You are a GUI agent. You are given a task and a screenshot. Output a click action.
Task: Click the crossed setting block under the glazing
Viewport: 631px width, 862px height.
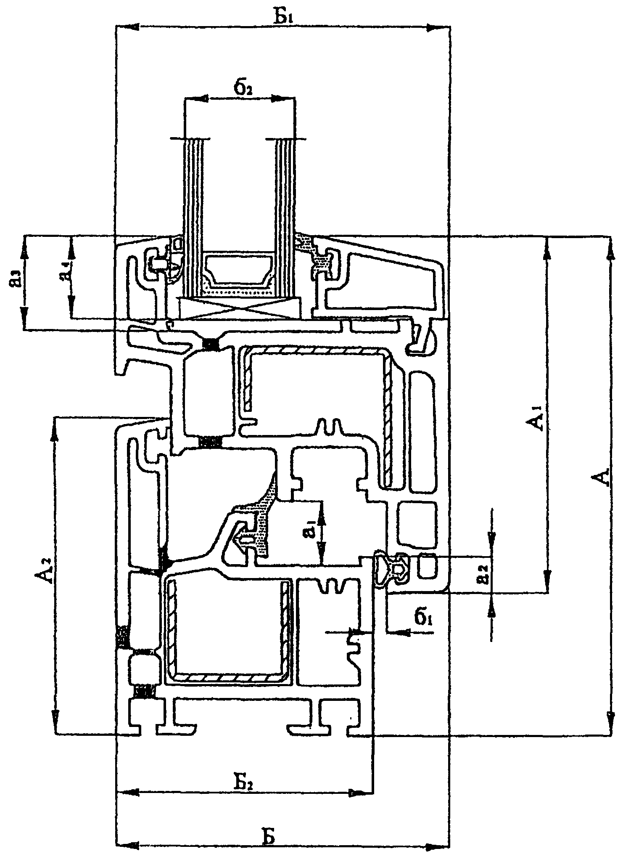point(240,308)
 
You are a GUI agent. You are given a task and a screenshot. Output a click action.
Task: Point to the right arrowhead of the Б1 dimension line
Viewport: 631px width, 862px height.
point(437,27)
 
